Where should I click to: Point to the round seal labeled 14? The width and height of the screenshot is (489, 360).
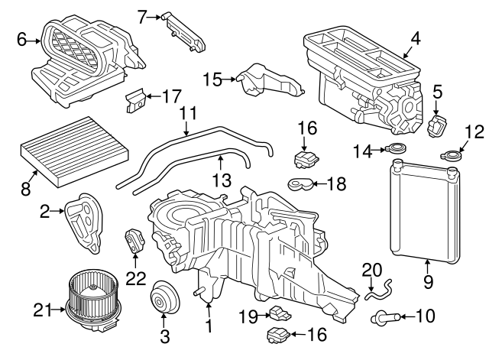pyautogui.click(x=397, y=151)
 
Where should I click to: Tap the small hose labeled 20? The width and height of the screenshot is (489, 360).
pyautogui.click(x=377, y=288)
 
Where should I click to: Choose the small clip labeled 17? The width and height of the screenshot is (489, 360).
pyautogui.click(x=134, y=99)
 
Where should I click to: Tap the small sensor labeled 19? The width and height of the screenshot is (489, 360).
pyautogui.click(x=278, y=313)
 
